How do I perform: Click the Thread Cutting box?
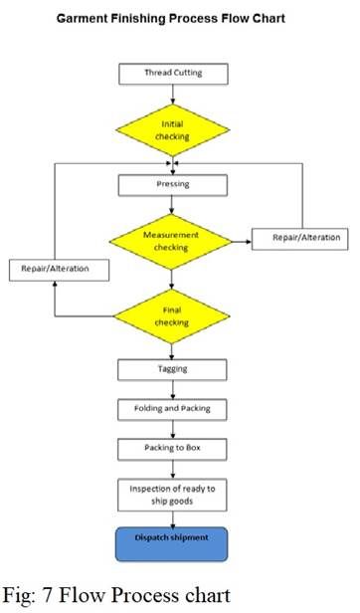coord(173,74)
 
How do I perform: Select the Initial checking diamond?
coord(173,129)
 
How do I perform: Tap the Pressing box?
coord(173,185)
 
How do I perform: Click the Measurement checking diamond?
coord(173,240)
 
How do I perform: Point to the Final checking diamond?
coord(173,316)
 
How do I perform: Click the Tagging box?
coord(173,369)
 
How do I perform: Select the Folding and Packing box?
coord(173,409)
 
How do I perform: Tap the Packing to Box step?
coord(173,449)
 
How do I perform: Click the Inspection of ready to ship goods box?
coord(173,494)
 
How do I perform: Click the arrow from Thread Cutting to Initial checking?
coord(173,95)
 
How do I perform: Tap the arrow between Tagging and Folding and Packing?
coord(173,389)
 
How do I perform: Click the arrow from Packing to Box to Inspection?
coord(173,469)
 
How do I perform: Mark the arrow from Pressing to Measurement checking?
coord(173,205)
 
